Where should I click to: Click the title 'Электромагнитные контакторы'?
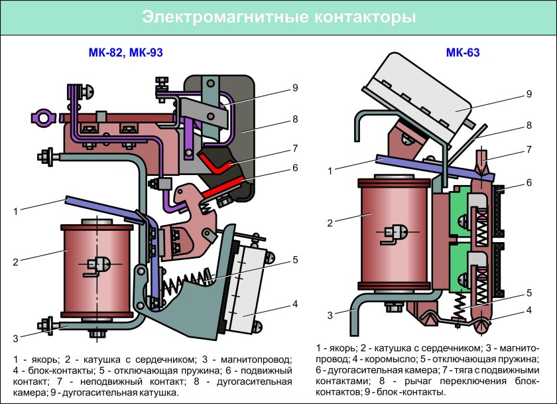tap(278, 18)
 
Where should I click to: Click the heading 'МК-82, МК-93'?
tap(125, 53)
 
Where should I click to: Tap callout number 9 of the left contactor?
tap(295, 86)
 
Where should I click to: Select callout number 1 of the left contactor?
tap(15, 212)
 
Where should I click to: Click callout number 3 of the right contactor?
tap(329, 315)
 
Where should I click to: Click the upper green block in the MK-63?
tap(456, 213)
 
